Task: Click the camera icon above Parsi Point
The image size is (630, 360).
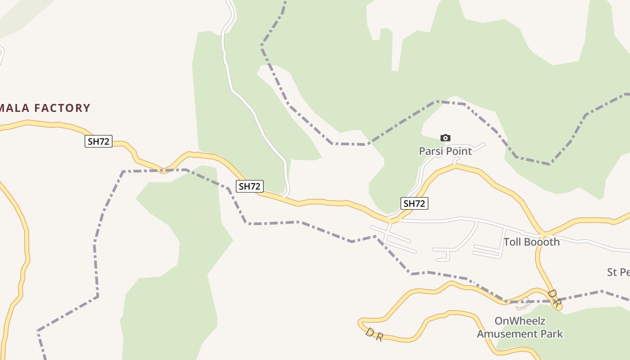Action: [445, 138]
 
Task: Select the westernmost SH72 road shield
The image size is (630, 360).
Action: [99, 141]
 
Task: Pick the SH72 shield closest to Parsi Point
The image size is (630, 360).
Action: [414, 203]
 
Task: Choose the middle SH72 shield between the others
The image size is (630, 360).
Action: [250, 186]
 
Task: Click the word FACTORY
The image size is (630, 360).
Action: [63, 108]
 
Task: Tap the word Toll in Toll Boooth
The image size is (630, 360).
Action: [512, 242]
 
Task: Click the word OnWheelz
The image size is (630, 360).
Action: [520, 321]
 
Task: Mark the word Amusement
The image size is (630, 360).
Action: [507, 334]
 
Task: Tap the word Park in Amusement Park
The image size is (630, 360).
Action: [551, 334]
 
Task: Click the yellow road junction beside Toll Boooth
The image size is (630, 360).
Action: [543, 235]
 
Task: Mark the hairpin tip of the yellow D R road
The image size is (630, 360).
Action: [360, 322]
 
